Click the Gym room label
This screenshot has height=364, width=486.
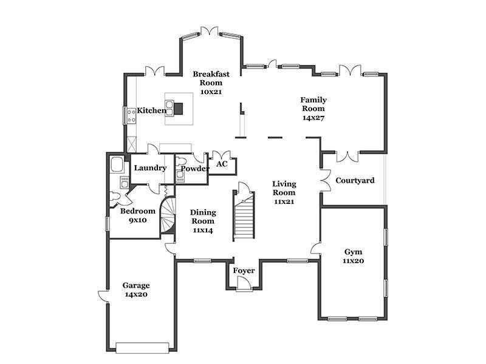click(354, 252)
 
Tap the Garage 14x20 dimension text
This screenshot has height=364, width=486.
click(136, 294)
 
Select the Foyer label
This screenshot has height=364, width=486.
click(244, 271)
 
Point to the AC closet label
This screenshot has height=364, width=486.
click(222, 164)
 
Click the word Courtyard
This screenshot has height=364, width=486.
click(355, 180)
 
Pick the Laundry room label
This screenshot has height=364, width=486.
click(150, 168)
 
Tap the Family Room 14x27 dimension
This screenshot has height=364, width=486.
click(313, 118)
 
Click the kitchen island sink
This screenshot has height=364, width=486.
click(169, 108)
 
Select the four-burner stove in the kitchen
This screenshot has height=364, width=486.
click(131, 116)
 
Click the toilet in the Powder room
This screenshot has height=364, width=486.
click(180, 161)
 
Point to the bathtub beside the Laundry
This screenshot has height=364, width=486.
click(117, 164)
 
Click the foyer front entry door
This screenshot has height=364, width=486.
click(244, 283)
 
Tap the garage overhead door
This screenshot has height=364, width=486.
click(143, 348)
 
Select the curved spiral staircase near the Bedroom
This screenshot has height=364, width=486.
click(168, 215)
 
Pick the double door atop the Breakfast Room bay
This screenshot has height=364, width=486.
click(210, 31)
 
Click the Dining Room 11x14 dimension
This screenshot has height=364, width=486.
click(203, 231)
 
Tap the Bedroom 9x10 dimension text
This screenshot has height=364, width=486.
click(138, 220)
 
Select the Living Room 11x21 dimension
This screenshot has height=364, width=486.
click(284, 202)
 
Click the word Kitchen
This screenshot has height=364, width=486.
click(151, 110)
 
